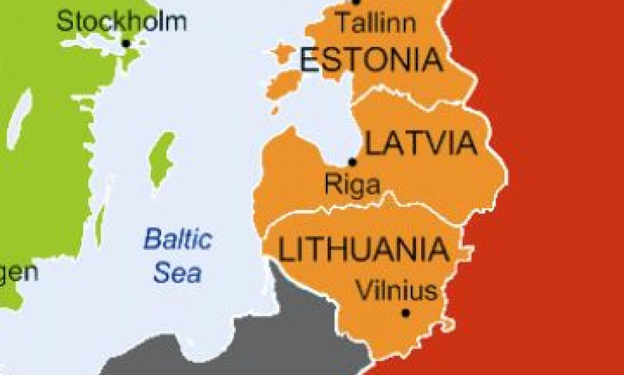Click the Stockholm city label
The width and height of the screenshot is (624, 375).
pos(121,22)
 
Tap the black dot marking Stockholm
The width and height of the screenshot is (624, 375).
pos(126,43)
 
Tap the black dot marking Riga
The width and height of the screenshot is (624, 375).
pos(353,162)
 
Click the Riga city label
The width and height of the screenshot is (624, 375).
pos(352,184)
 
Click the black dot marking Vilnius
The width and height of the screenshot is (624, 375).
pos(406,313)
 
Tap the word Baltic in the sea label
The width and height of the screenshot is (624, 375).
pos(178,240)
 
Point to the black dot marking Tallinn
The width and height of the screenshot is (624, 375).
pos(356,2)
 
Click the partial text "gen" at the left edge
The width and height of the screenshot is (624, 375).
pos(19,272)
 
